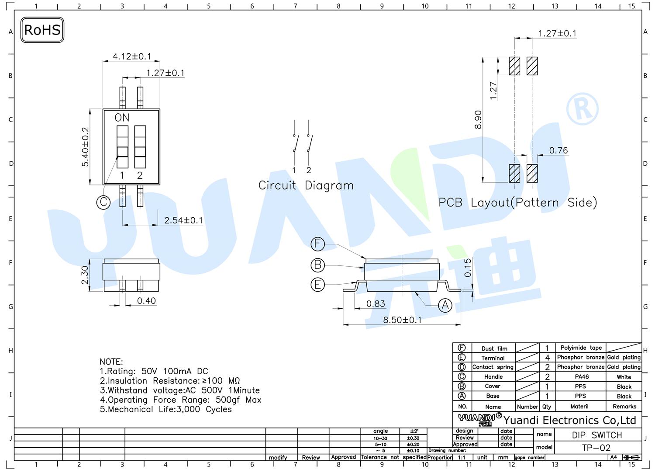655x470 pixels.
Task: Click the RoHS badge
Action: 42,30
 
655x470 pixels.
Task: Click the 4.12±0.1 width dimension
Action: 131,56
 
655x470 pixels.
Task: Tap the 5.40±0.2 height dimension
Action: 85,147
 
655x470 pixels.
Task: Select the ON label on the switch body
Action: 122,118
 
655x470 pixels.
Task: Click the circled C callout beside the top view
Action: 103,202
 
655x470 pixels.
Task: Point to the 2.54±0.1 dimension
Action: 183,220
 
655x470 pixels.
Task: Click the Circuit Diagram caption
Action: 306,185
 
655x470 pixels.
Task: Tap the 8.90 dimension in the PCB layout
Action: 478,119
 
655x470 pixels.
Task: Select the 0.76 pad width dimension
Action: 558,150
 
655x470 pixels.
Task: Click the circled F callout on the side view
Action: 318,244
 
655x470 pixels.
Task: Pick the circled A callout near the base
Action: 445,306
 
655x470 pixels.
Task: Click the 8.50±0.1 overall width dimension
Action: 402,320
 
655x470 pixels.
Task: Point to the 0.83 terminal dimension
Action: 376,304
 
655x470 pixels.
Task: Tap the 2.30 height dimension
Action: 85,275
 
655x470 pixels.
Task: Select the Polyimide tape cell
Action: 581,348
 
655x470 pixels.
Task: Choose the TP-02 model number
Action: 596,448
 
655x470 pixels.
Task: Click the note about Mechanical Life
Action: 166,409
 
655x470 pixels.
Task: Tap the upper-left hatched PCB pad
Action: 515,66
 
